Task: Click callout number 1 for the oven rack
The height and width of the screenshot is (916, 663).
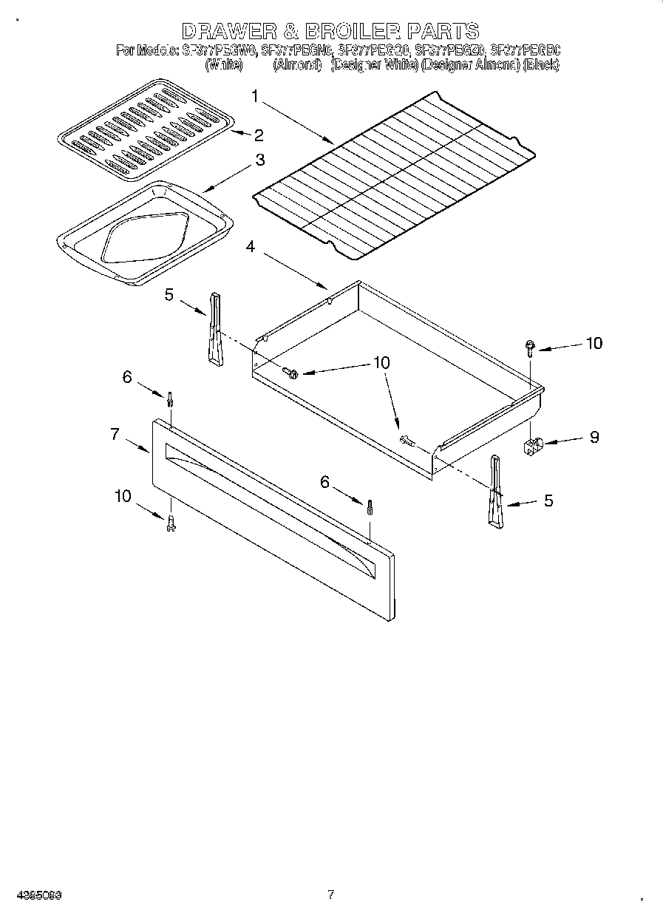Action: (255, 96)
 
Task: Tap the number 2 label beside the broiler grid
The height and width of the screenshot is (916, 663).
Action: (258, 135)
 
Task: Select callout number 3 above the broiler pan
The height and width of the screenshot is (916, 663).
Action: (260, 160)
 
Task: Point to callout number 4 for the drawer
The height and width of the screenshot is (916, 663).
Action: (251, 248)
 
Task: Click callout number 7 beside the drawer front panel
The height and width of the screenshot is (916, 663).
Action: (115, 435)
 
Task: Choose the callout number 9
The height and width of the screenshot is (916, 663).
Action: (594, 437)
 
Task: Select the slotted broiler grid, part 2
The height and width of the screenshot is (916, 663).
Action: (146, 129)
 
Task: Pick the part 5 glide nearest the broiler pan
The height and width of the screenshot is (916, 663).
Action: (214, 329)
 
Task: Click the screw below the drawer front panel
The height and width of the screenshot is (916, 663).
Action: (171, 522)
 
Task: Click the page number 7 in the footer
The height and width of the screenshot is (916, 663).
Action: (330, 894)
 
